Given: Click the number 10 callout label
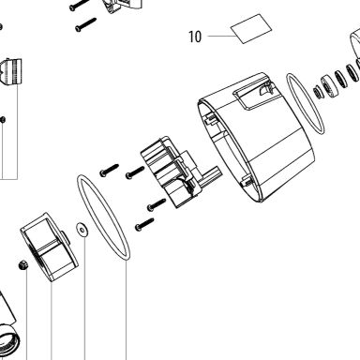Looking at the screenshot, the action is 195,37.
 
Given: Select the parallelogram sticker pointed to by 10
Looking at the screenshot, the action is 251,29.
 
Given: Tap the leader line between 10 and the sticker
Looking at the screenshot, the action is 222,37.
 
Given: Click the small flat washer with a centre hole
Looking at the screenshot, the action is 82,230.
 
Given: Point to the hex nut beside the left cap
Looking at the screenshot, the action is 22,265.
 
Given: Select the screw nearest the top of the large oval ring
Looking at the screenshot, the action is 109,170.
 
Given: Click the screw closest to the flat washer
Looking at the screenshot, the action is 144,224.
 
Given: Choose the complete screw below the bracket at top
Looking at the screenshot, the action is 85,24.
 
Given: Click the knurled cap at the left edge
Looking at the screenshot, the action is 12,72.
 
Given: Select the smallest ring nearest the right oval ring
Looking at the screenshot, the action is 318,93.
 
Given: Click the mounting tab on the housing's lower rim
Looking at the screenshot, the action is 247,180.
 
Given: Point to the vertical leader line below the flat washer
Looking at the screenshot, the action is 84,298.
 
